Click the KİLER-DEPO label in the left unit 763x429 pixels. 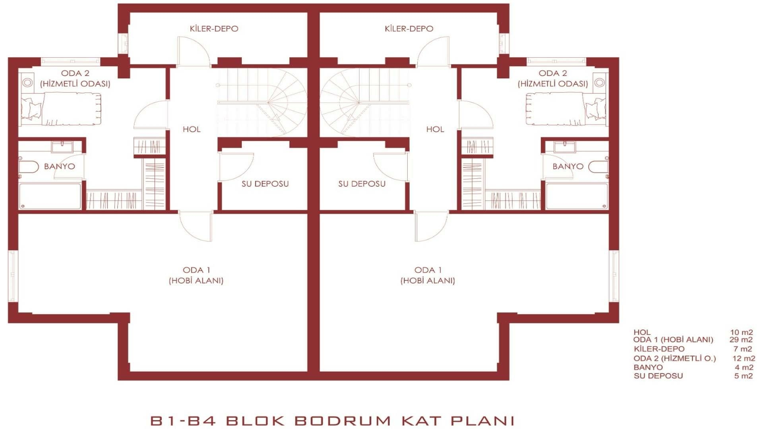[x=214, y=29]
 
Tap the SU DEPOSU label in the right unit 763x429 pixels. [x=362, y=184]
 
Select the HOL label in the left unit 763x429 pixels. [x=192, y=129]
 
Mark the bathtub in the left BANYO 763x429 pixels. [x=50, y=196]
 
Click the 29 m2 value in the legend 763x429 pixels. [x=741, y=340]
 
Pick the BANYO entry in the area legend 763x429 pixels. [x=648, y=367]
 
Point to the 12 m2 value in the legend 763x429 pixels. [x=744, y=358]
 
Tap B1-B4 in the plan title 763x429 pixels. [x=183, y=420]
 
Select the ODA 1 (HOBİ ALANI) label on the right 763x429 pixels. [x=428, y=275]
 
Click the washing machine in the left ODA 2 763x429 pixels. [x=27, y=83]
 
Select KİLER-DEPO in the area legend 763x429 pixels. [x=659, y=349]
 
